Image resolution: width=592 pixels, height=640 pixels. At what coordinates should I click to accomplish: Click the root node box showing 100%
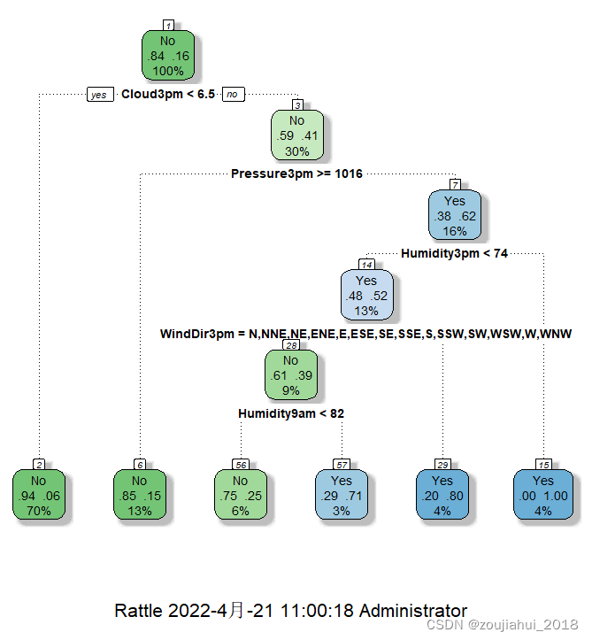coord(168,56)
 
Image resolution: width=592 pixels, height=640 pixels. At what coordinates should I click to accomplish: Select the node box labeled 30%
coord(297,135)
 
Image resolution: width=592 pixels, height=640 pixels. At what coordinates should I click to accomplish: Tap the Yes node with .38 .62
coord(454,215)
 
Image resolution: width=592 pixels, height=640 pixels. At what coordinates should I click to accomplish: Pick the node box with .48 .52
coord(366,295)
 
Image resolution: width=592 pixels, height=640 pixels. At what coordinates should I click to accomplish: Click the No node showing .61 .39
coord(290,374)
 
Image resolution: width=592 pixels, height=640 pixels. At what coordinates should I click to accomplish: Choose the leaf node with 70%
coord(39,495)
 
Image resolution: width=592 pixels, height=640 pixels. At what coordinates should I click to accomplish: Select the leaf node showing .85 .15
coord(140,495)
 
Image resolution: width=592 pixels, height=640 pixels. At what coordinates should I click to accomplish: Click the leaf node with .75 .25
coord(240,495)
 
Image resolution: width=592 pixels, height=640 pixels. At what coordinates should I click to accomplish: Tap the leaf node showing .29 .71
coord(342,495)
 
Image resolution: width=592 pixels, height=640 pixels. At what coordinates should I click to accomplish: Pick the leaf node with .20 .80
coord(442,495)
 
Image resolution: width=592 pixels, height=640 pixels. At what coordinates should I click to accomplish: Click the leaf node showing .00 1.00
coord(543,495)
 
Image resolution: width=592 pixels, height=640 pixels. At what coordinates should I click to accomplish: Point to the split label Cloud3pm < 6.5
coord(168,95)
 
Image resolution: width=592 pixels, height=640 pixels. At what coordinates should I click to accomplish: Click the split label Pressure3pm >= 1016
coord(296,174)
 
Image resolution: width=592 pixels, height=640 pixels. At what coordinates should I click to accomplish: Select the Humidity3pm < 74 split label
coord(455,254)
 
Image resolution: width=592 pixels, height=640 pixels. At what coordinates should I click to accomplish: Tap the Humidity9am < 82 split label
coord(291,413)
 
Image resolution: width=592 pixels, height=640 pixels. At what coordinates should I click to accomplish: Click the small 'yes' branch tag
coord(99,95)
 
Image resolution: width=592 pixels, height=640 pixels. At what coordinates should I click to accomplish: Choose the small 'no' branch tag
coord(233,95)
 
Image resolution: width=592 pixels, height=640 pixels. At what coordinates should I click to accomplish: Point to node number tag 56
coord(240,465)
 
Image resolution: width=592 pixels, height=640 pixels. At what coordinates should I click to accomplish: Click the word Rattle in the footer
coord(138,611)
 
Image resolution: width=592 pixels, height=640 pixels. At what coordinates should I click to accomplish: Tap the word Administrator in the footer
coord(412,611)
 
